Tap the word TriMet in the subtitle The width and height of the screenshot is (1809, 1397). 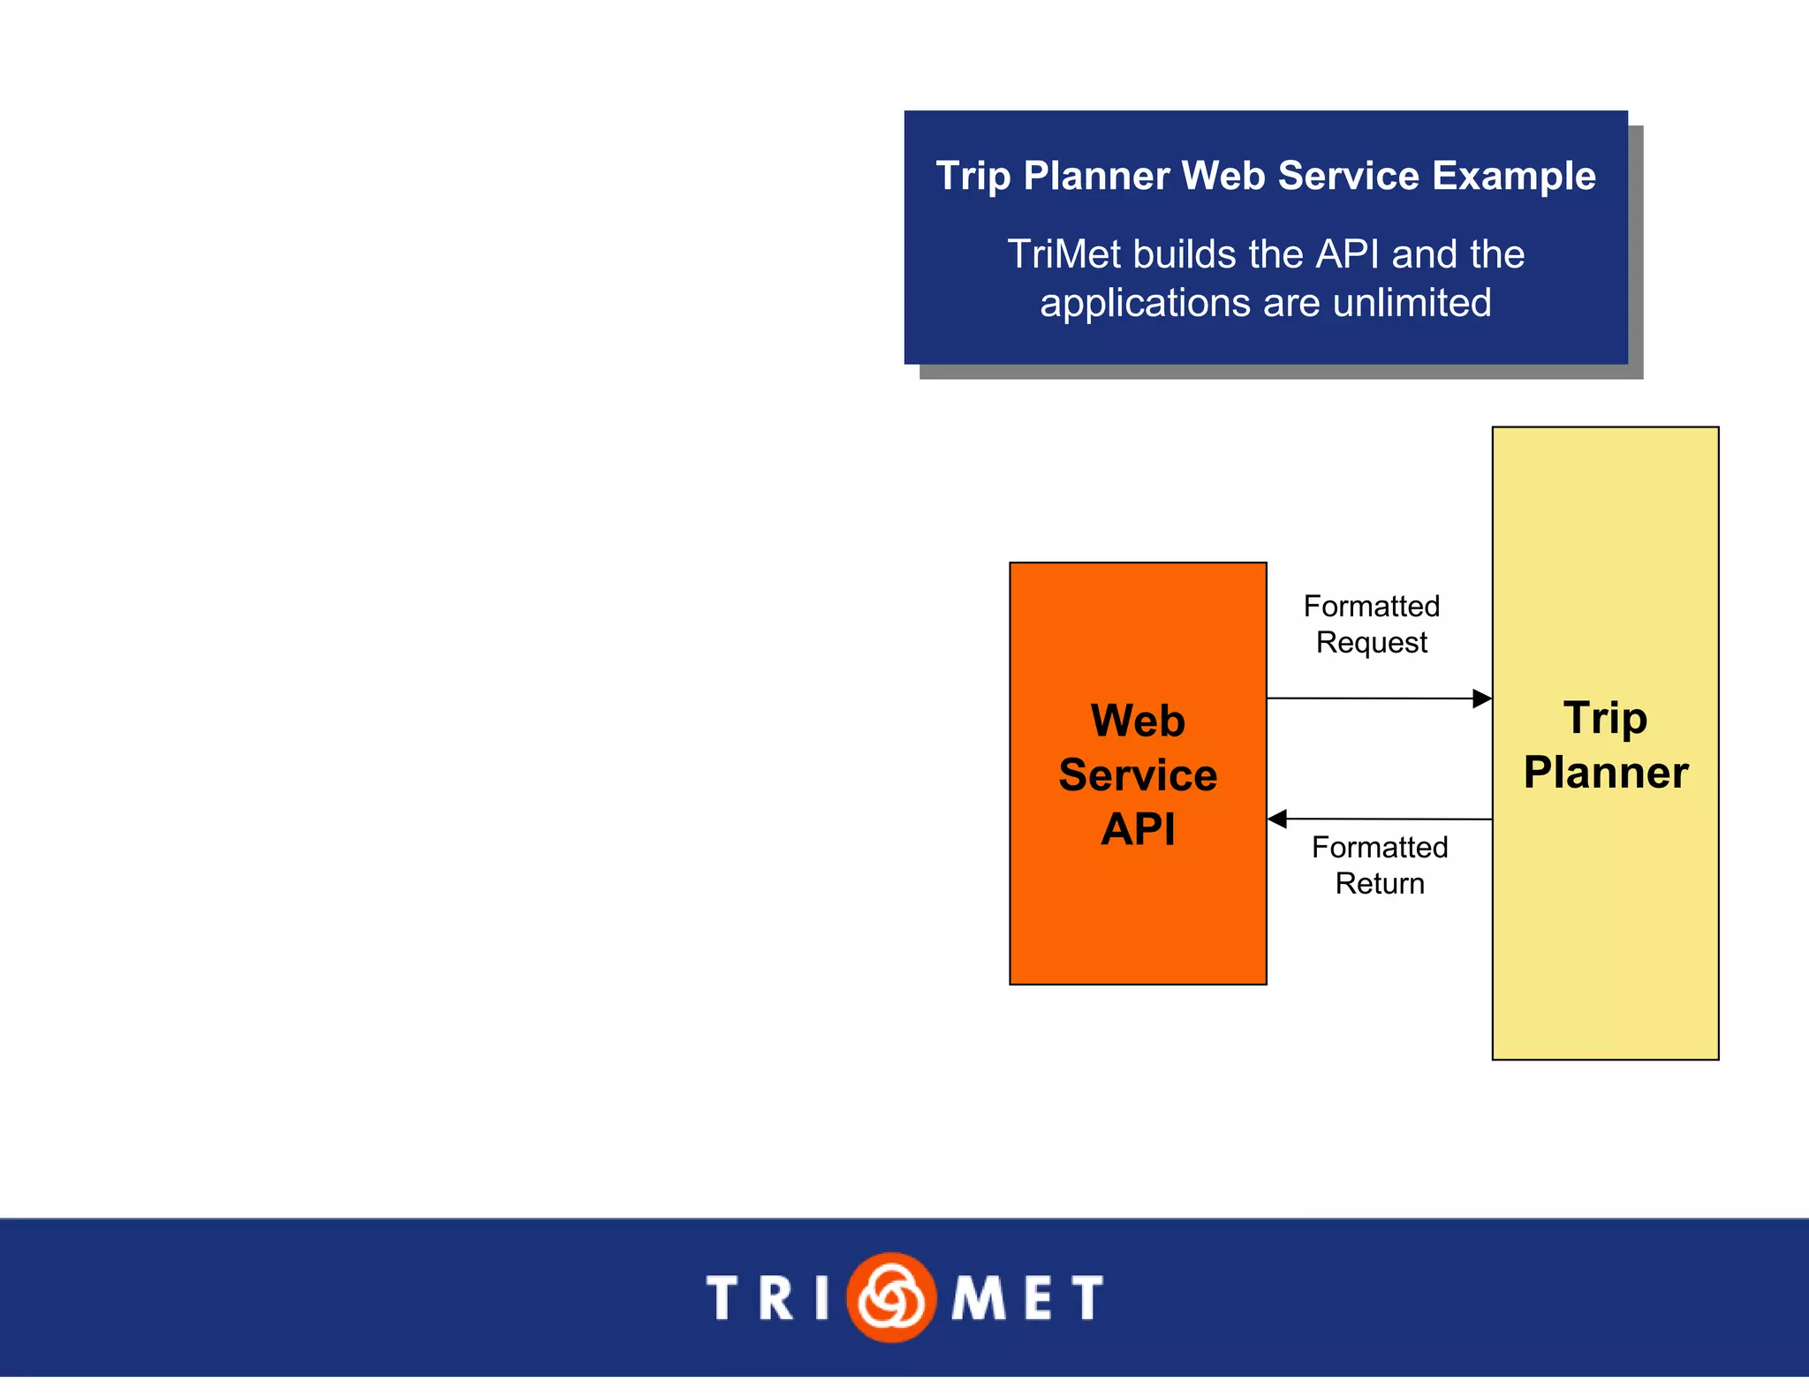coord(1064,254)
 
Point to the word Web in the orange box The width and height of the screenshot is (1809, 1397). coord(1138,721)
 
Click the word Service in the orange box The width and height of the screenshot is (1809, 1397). coord(1138,775)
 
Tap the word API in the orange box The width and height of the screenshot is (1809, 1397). coord(1138,829)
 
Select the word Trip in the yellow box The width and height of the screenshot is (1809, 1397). coord(1605,718)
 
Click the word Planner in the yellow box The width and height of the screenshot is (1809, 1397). coord(1605,773)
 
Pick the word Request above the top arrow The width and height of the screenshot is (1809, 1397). coord(1371,643)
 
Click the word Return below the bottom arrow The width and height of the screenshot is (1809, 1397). coord(1380,884)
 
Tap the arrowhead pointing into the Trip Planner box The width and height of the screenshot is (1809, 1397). coord(1482,698)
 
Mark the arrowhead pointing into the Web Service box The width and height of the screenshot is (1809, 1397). coord(1277,819)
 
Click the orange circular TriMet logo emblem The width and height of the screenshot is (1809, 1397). coord(890,1297)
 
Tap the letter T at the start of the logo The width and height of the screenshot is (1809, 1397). coord(723,1298)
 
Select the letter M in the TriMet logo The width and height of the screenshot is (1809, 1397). coord(978,1298)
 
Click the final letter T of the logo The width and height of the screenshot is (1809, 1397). coord(1087,1298)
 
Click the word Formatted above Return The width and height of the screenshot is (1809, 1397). coord(1380,848)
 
